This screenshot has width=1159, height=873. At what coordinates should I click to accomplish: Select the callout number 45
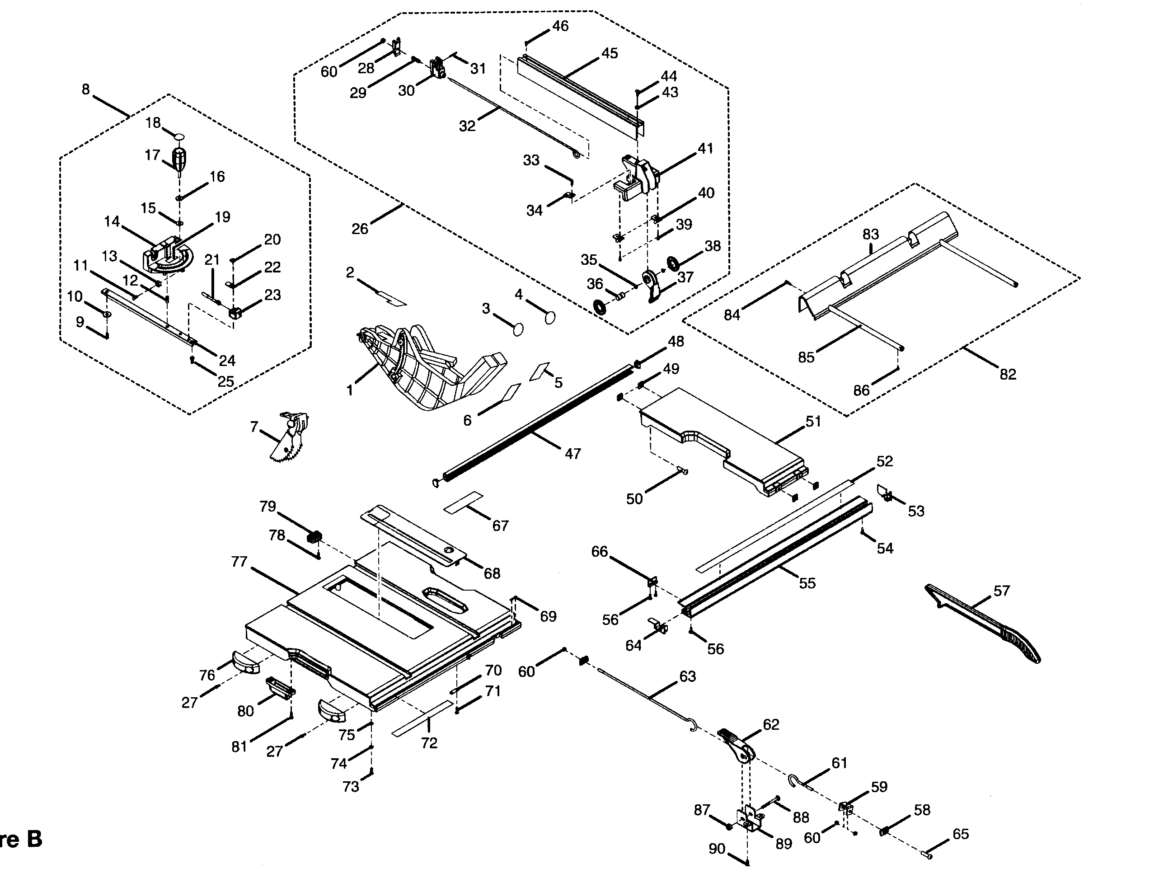tap(610, 53)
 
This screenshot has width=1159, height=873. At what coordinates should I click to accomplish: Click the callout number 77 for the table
tap(239, 562)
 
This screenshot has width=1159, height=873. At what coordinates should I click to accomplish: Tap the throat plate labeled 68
tap(414, 535)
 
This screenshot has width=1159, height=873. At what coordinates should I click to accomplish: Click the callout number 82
tap(1008, 374)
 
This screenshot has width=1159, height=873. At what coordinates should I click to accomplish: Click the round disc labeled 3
tap(518, 329)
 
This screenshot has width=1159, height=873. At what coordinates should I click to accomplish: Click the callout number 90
tap(716, 848)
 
